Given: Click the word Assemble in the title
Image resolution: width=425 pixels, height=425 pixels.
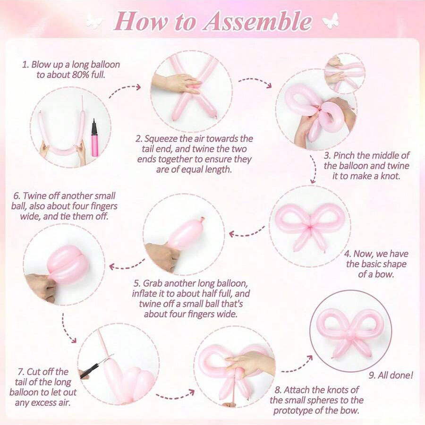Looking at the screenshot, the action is coord(257,22).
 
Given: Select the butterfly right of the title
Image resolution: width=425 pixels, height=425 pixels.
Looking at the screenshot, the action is coord(331,21).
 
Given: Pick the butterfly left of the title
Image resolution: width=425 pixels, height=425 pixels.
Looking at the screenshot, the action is coord(94,22).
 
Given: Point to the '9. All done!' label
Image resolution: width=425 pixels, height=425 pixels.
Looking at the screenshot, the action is coord(391,375).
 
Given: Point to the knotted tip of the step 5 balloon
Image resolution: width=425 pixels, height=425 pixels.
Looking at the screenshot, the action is coord(202,219).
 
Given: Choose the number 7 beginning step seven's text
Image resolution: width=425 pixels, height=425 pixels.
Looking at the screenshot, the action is coord(20,372).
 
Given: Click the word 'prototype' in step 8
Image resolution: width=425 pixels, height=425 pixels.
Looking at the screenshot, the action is coord(294,411).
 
